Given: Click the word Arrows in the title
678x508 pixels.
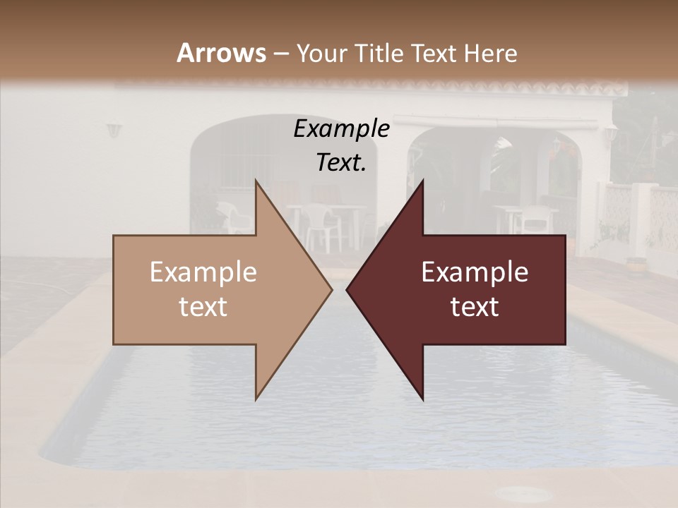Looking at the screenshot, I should [x=222, y=53].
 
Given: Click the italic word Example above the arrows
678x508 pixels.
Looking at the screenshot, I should [x=341, y=129].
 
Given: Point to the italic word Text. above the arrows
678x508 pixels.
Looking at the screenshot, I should [x=341, y=162].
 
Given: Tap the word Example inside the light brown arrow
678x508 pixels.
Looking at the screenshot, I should [x=203, y=272].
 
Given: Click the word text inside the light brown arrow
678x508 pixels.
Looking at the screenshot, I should [x=203, y=307].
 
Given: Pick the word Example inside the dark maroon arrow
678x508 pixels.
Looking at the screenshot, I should [x=475, y=272].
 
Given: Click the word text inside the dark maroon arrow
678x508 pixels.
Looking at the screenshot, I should [x=475, y=307].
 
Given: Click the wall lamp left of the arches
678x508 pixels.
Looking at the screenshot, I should [x=114, y=131].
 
